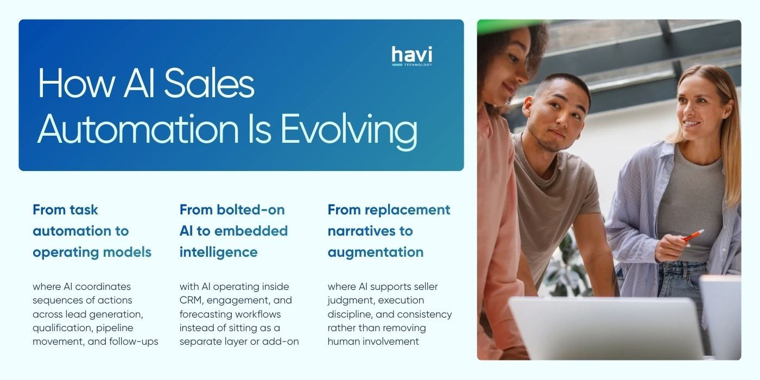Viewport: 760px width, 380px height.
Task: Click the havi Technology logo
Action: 412,56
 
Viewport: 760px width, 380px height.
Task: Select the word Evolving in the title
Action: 349,130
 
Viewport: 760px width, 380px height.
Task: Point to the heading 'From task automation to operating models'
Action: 92,231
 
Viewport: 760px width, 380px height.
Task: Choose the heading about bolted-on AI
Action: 233,231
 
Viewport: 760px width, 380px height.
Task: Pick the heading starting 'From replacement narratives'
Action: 389,231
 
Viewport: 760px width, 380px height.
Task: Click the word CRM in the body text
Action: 192,300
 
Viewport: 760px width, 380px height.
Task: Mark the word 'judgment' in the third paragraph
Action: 351,300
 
